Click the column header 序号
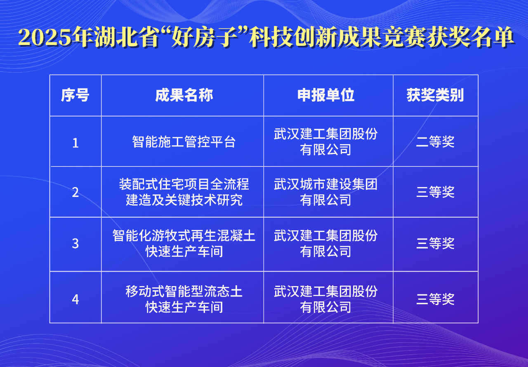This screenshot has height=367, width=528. click(75, 95)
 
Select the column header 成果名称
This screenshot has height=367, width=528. click(184, 95)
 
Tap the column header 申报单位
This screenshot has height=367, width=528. click(326, 95)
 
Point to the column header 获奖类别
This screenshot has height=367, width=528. click(435, 95)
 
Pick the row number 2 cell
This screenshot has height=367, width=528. click(75, 192)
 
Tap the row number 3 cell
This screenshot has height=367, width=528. click(75, 244)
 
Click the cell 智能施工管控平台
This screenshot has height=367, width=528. click(184, 142)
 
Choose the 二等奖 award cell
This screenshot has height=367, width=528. click(435, 142)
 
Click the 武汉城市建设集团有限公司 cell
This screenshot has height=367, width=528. click(326, 192)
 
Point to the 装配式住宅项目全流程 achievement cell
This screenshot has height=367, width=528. click(184, 192)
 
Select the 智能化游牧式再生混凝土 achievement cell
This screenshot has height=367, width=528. click(184, 244)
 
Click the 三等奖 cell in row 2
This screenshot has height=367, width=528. click(435, 192)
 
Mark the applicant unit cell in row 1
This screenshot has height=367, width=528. click(326, 142)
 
